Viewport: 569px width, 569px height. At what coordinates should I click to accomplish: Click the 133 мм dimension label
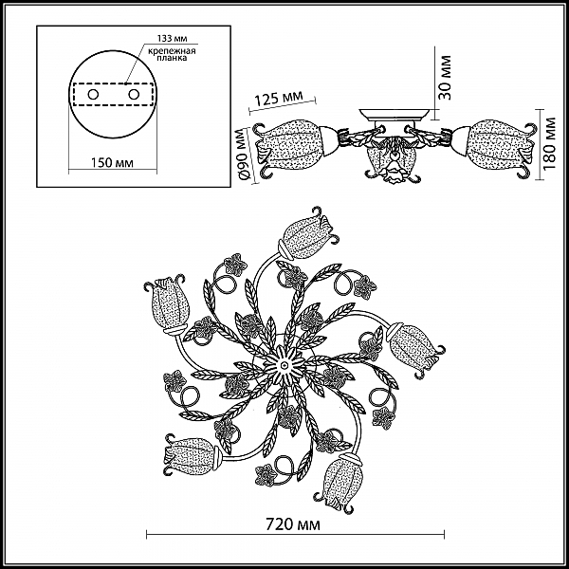(x=172, y=39)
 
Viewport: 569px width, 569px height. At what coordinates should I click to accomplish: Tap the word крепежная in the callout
(x=172, y=51)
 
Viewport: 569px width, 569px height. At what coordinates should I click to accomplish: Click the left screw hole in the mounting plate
(x=93, y=95)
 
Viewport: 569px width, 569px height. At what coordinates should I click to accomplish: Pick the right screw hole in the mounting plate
(x=134, y=95)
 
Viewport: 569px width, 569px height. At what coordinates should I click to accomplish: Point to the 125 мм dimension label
(x=278, y=98)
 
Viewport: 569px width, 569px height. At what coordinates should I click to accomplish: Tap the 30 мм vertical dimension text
(x=445, y=78)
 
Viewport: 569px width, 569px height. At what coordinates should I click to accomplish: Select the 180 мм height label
(x=550, y=143)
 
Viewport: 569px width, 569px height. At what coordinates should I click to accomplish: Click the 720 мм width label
(x=293, y=524)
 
